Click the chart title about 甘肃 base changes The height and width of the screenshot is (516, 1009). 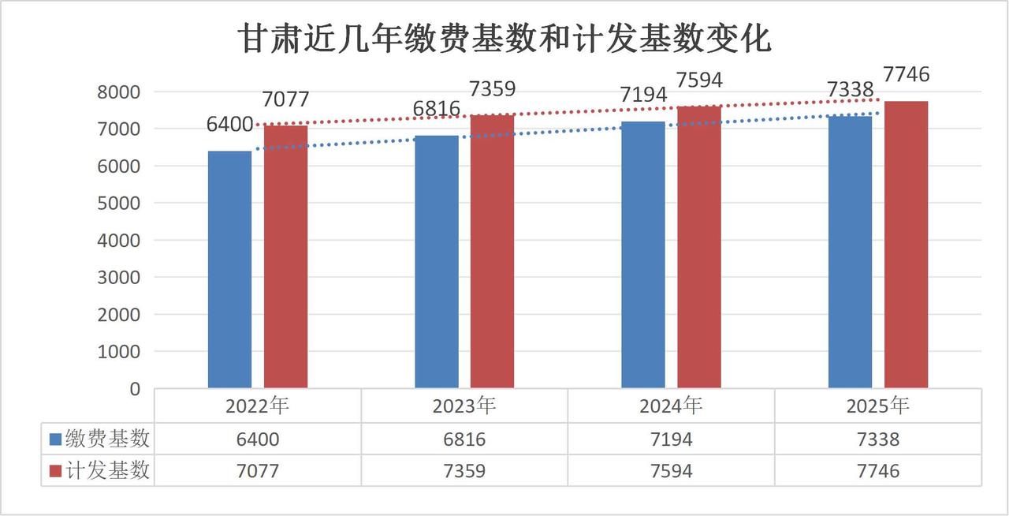(x=504, y=39)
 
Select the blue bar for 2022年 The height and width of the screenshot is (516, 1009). (x=229, y=269)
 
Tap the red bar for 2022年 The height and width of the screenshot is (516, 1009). (x=285, y=256)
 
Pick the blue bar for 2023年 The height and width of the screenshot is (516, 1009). (x=436, y=261)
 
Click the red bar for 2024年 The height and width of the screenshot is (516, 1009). (x=699, y=246)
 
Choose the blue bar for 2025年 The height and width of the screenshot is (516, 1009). (x=850, y=252)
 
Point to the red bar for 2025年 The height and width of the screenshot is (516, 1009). (x=906, y=244)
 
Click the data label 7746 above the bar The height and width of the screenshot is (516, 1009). (x=906, y=75)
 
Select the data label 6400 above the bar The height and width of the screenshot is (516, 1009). (x=229, y=124)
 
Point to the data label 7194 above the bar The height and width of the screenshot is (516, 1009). (x=642, y=95)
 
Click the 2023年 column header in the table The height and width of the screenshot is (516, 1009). (x=464, y=406)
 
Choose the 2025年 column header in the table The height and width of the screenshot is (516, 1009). (x=877, y=406)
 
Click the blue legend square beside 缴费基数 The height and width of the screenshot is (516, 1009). (x=55, y=439)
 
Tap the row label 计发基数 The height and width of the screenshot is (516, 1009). (x=107, y=471)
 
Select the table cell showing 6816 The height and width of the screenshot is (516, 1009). (x=464, y=439)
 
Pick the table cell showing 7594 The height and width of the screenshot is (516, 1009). (x=670, y=471)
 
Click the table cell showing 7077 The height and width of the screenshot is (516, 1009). (x=257, y=471)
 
